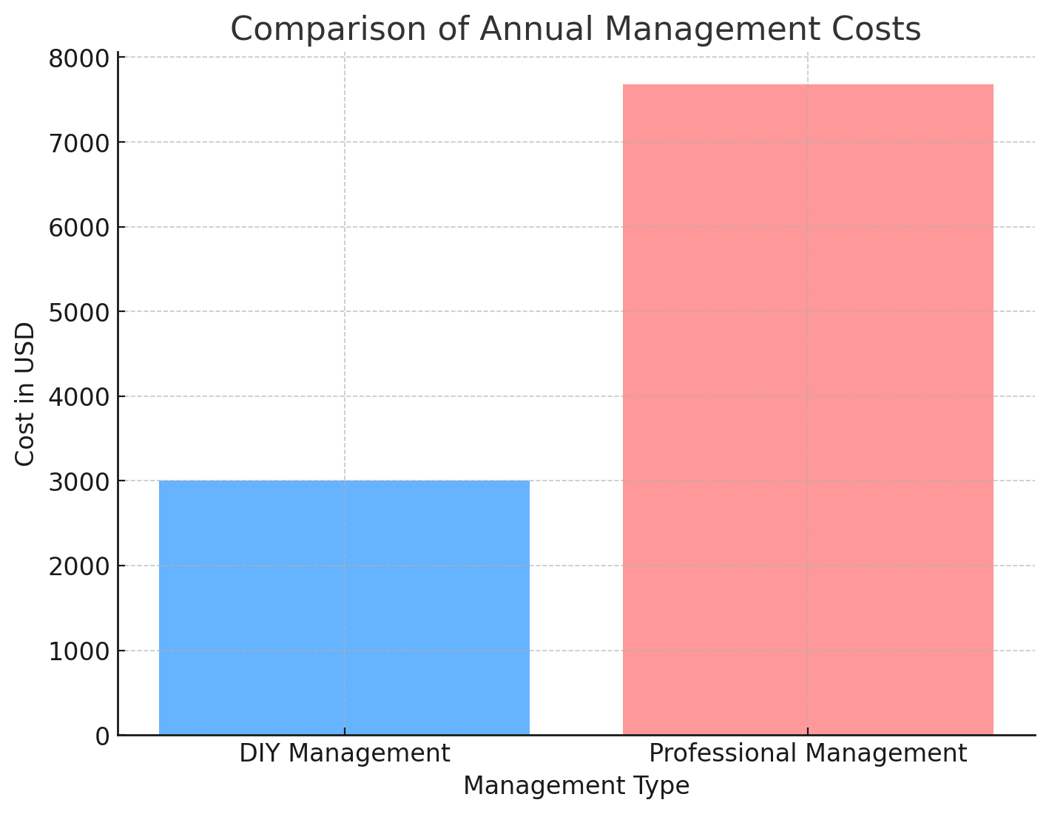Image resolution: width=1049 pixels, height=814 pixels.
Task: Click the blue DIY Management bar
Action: click(344, 608)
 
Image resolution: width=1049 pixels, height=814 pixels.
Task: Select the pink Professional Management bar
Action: click(808, 410)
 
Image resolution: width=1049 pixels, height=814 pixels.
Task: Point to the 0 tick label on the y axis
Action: click(102, 736)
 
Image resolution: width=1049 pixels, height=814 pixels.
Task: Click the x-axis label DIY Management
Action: click(344, 753)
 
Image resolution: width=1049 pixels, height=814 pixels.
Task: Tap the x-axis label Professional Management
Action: click(808, 753)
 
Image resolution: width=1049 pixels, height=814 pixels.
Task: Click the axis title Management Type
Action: click(576, 786)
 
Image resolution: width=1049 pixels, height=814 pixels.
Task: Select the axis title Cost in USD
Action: click(25, 394)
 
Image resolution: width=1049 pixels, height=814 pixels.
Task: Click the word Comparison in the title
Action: click(312, 30)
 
